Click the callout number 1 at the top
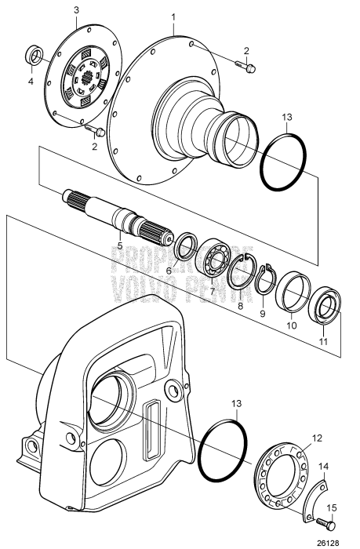pos(174,16)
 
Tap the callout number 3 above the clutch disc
pos(75,9)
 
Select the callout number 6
pos(169,271)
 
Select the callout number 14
pos(324,465)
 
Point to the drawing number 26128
pos(338,542)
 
